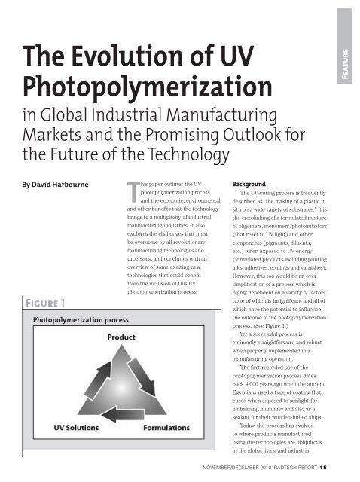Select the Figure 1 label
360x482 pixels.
[49, 302]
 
